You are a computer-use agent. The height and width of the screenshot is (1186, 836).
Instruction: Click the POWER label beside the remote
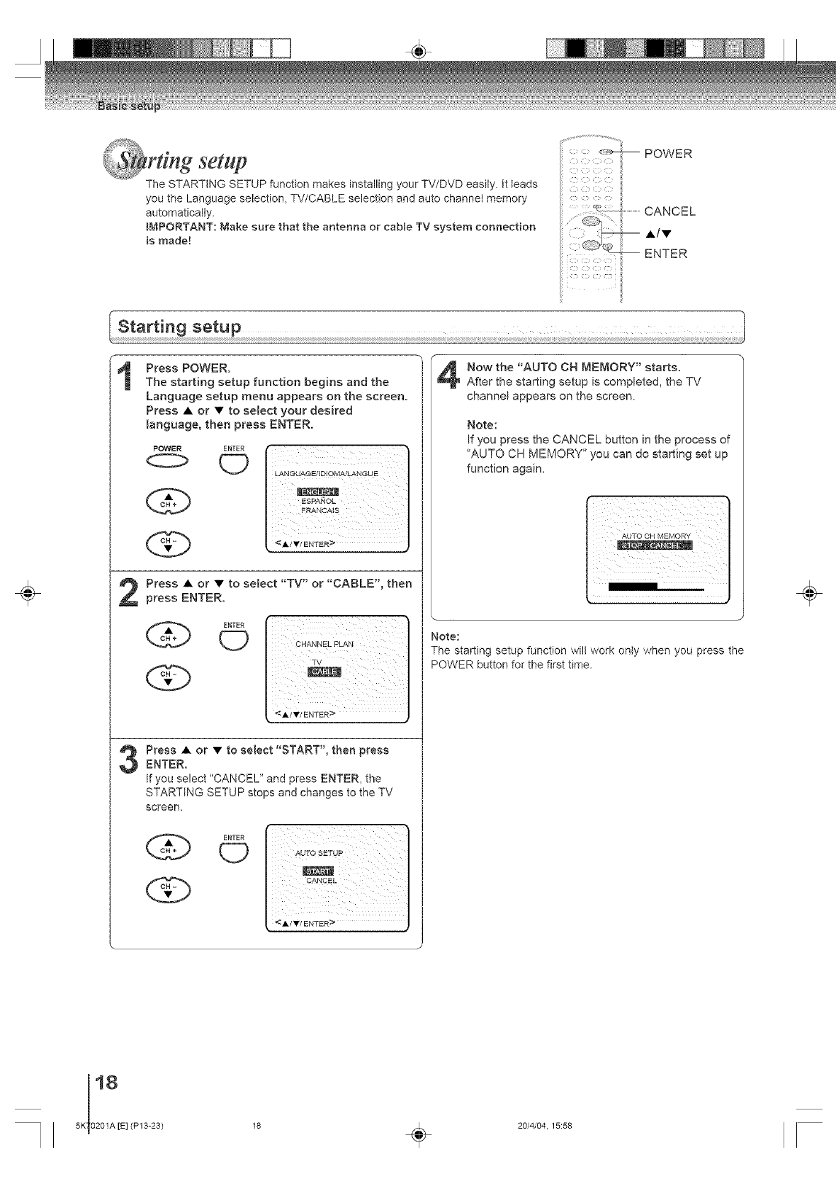click(668, 154)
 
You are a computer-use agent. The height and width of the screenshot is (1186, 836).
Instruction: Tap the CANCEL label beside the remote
click(670, 211)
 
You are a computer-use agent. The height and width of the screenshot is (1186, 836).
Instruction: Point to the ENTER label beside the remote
click(666, 253)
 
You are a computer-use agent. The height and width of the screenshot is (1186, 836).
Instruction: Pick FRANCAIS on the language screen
click(320, 511)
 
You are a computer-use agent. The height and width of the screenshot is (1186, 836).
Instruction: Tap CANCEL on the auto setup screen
click(322, 881)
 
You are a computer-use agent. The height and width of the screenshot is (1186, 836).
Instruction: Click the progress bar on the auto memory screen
click(656, 587)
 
